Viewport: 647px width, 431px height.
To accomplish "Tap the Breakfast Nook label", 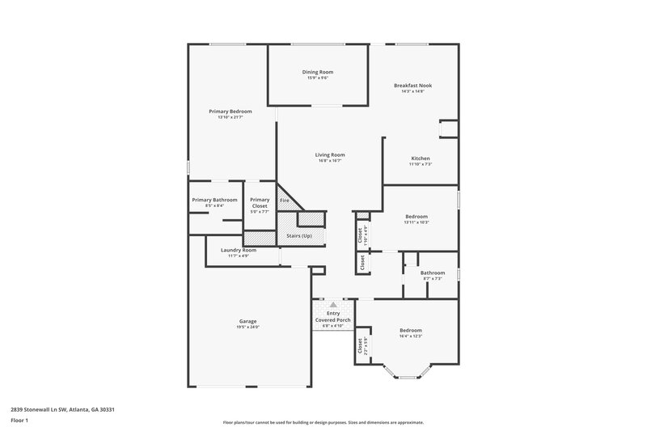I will (x=412, y=85).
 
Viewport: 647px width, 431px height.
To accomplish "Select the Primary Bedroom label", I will (x=230, y=111).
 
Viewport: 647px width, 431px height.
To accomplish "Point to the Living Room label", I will (x=330, y=154).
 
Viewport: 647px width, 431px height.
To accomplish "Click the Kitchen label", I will (x=421, y=158).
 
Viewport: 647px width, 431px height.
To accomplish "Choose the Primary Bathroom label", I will (x=214, y=200).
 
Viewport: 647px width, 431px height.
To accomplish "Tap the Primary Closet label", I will (x=260, y=203).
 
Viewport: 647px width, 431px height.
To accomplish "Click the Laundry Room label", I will (x=239, y=250).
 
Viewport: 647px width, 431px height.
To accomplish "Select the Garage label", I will (x=247, y=321).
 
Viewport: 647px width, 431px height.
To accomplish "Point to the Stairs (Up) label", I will (x=299, y=235).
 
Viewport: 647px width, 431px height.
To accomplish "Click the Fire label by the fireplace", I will (x=284, y=200).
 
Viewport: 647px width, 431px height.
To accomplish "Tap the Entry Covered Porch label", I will (x=333, y=316).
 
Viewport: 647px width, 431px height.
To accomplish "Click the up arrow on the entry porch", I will (x=332, y=305).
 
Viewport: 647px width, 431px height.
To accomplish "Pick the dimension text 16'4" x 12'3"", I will (x=411, y=336).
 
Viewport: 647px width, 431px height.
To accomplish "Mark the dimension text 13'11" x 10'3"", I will (x=417, y=222).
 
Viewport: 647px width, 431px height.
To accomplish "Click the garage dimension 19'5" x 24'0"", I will (x=247, y=327).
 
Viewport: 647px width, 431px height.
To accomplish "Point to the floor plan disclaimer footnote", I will (x=323, y=421).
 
